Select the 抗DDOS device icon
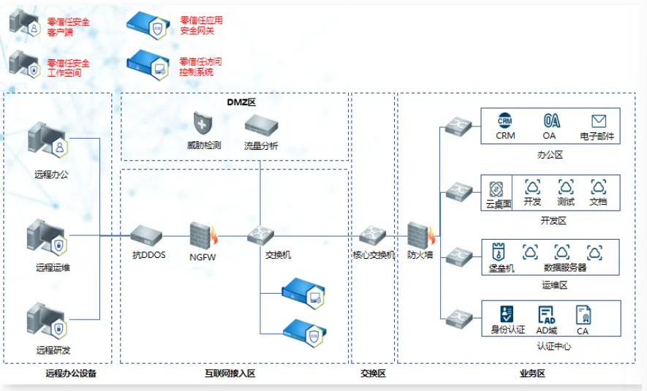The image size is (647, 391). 146,235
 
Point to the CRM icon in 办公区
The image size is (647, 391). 505,121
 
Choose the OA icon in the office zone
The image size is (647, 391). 550,121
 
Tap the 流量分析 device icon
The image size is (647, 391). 261,123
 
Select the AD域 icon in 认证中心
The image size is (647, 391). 548,314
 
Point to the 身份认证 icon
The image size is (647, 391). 507,314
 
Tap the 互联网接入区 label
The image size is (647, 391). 230,373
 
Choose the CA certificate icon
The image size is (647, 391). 583,315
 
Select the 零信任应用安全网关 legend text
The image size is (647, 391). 201,26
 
